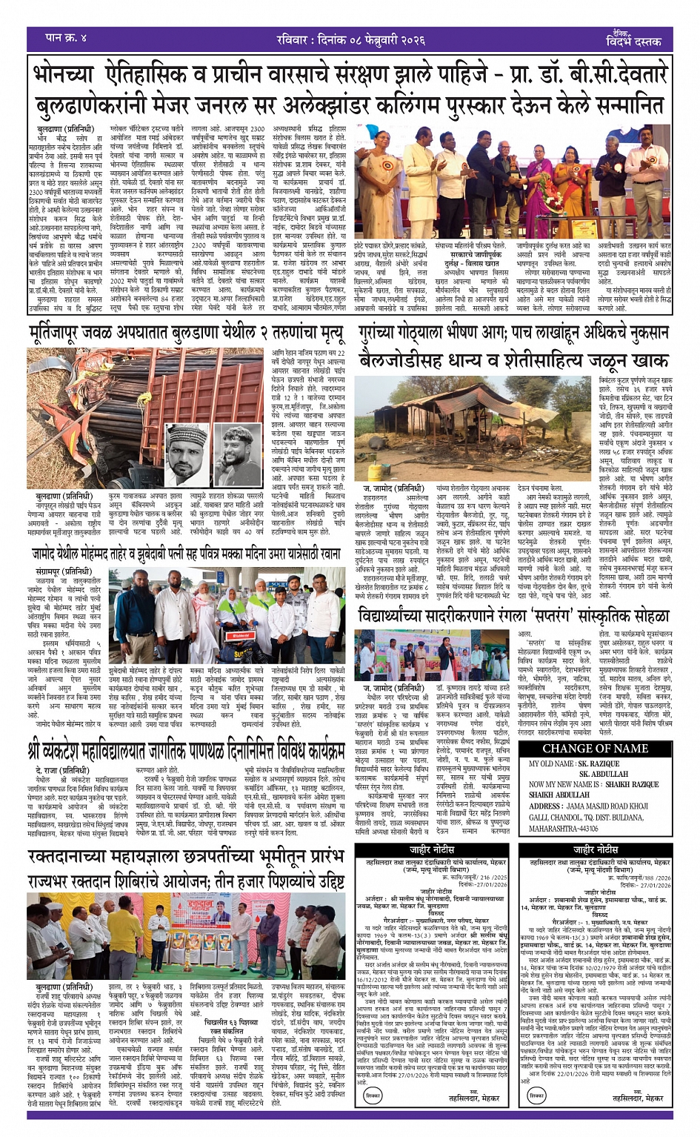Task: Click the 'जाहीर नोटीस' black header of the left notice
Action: [x=432, y=849]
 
